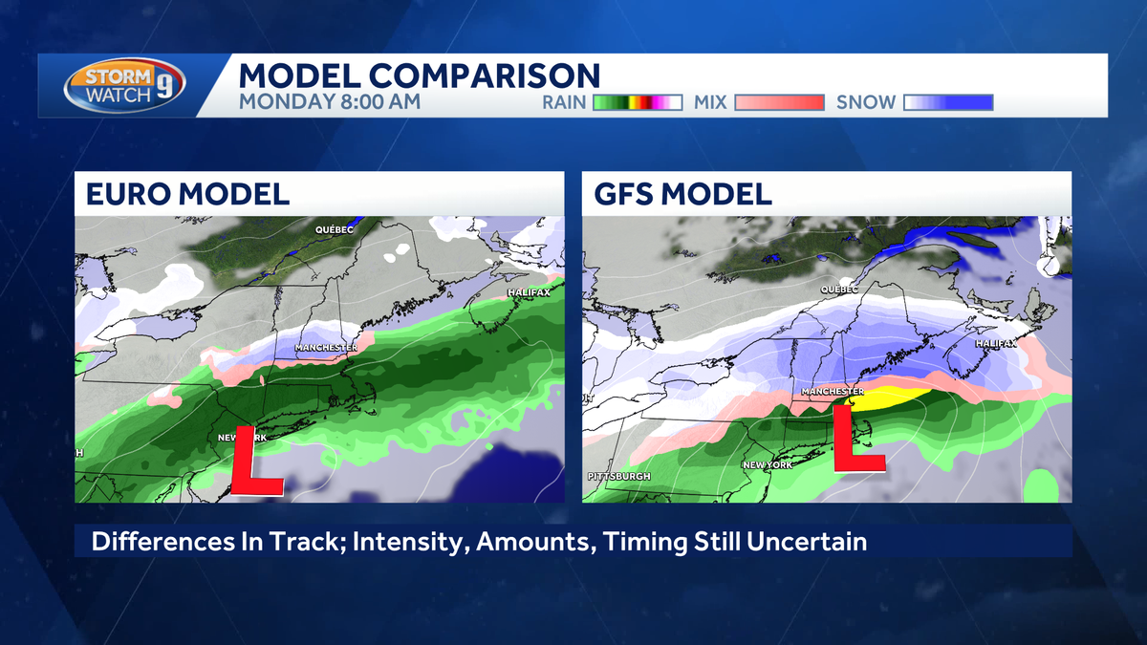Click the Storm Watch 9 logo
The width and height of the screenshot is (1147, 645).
click(x=124, y=86)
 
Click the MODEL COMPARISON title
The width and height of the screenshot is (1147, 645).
click(x=419, y=75)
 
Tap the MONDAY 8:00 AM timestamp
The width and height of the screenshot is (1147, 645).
click(x=329, y=101)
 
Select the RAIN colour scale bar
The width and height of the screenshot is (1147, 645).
click(x=637, y=102)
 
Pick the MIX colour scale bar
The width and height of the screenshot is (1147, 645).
click(x=777, y=102)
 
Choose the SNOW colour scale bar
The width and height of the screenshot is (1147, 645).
click(x=949, y=102)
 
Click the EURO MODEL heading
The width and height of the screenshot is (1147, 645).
click(x=187, y=194)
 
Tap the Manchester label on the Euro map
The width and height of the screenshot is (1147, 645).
click(x=326, y=347)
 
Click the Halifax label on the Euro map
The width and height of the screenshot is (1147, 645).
click(x=529, y=292)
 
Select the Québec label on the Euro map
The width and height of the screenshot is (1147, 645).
click(x=335, y=229)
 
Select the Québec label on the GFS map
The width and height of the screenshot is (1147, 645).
click(x=839, y=289)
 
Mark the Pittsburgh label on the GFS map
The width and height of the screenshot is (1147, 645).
click(x=620, y=476)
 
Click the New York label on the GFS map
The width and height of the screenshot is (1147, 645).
click(x=768, y=464)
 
